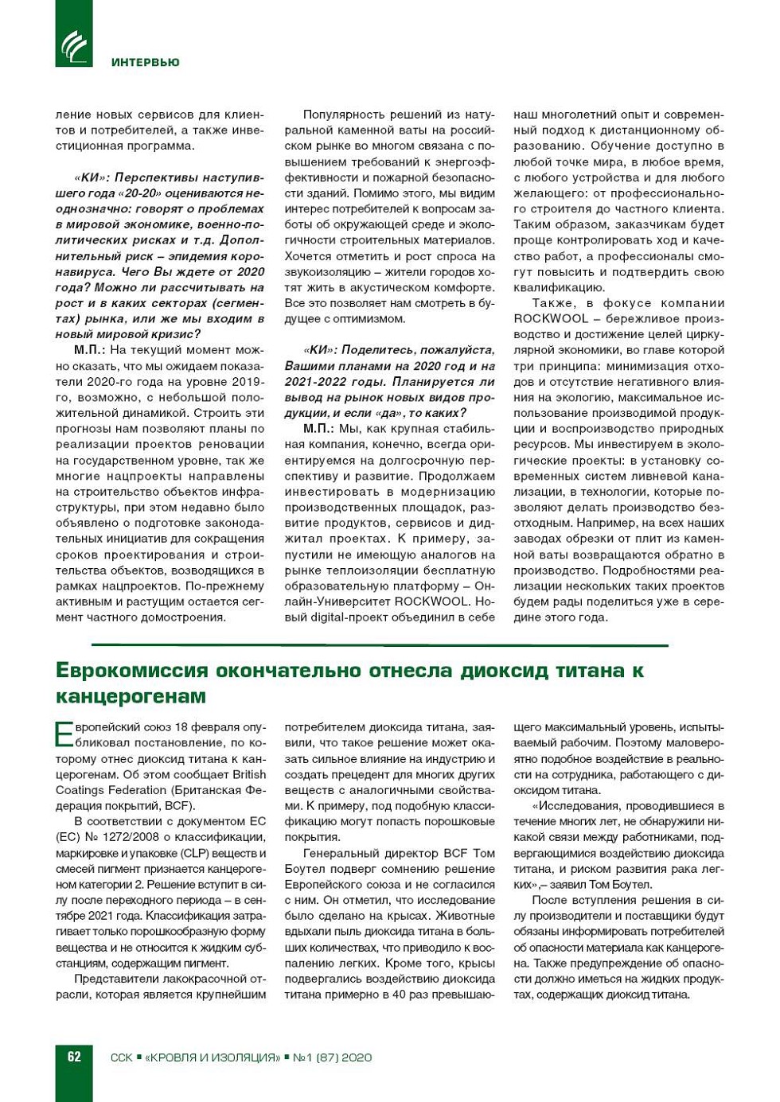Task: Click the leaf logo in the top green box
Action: pos(74,45)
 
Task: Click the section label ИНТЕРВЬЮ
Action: pos(145,62)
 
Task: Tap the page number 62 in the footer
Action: pos(74,1057)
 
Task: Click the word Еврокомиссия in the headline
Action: pos(131,670)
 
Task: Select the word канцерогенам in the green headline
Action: pos(131,696)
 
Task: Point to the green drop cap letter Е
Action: pos(64,734)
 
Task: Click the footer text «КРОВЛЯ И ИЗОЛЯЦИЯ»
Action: pos(213,1057)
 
